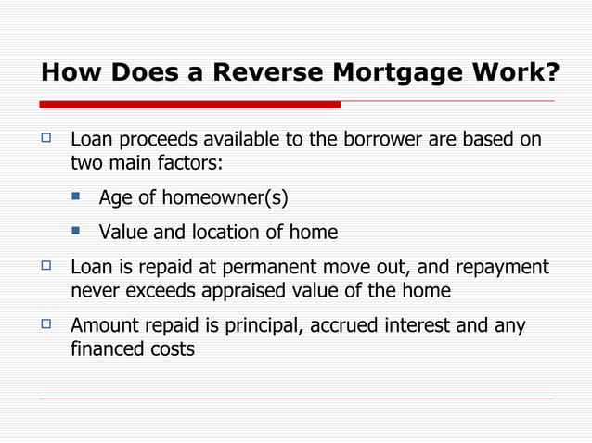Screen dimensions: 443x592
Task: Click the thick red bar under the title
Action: pos(190,104)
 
